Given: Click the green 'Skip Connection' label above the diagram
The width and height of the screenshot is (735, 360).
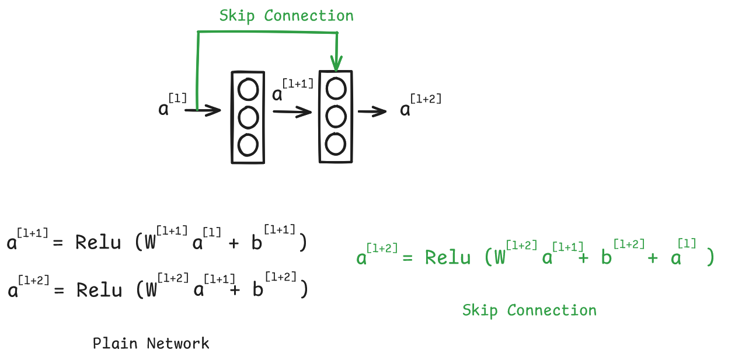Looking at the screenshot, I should click(286, 16).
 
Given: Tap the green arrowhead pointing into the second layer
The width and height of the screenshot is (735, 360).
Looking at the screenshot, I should click(336, 62).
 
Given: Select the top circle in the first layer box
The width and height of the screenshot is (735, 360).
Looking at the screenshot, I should click(248, 90).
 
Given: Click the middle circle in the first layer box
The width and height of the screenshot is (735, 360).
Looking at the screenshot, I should click(248, 117).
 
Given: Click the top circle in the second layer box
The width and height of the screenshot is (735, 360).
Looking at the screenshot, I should click(336, 89).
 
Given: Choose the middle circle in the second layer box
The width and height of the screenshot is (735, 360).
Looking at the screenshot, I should click(336, 116).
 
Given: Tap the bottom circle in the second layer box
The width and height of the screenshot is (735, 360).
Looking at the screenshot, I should click(336, 144).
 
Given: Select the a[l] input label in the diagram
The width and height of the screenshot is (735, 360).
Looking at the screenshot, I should click(172, 104).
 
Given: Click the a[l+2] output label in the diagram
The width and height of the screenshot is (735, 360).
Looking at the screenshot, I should click(420, 105).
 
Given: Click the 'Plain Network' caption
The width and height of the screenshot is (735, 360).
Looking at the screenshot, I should click(151, 344).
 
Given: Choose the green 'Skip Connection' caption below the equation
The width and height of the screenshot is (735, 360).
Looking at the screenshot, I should click(530, 310).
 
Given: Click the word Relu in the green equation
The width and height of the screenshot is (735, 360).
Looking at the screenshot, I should click(448, 257).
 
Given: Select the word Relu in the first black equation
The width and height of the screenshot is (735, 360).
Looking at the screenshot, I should click(98, 242).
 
